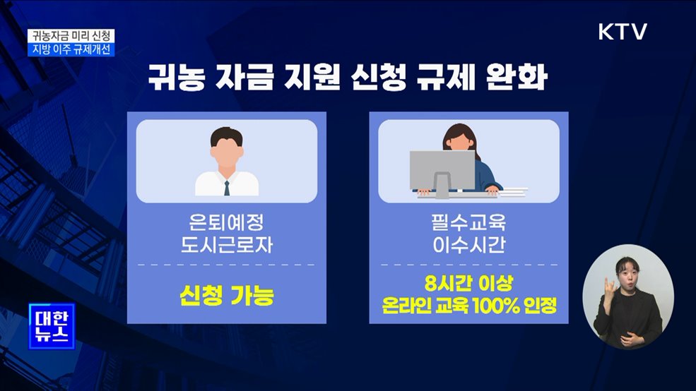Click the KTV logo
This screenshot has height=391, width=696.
click(623, 32)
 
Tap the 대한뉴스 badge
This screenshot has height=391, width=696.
click(52, 325)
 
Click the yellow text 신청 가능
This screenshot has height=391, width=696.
click(227, 296)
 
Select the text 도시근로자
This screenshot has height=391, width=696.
click(227, 246)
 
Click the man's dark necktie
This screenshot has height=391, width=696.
click(227, 188)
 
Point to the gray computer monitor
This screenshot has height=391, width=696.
click(442, 169)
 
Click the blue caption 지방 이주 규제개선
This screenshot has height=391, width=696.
click(72, 50)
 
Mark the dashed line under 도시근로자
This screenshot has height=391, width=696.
click(227, 265)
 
